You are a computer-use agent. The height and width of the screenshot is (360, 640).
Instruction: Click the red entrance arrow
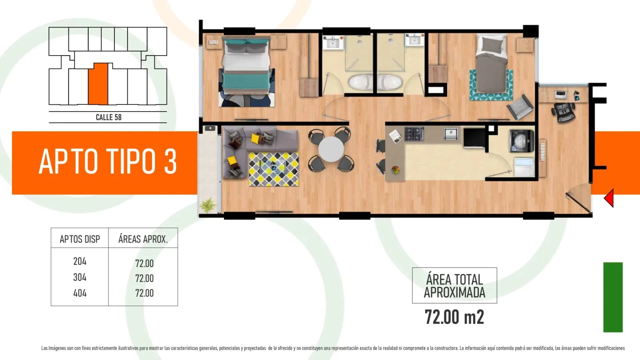pyautogui.click(x=610, y=198)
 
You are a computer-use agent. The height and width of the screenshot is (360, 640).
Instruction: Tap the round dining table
pyautogui.click(x=331, y=149)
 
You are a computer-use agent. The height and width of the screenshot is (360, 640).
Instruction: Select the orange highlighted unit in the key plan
pyautogui.click(x=98, y=84)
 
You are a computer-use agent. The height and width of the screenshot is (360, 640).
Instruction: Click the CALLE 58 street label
pyautogui.click(x=108, y=117)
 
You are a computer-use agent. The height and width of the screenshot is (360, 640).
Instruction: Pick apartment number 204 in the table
pyautogui.click(x=80, y=261)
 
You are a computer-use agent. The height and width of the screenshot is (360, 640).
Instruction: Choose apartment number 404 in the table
pyautogui.click(x=80, y=293)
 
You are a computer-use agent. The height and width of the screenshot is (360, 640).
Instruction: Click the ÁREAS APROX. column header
pyautogui.click(x=143, y=239)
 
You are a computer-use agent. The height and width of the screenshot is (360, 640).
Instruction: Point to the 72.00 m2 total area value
pyautogui.click(x=454, y=317)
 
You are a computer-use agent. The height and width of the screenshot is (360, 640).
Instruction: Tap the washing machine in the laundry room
pyautogui.click(x=522, y=141)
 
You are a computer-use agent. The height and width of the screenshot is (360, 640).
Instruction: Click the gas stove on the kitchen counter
pyautogui.click(x=414, y=134)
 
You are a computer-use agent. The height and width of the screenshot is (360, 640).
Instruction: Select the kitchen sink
pyautogui.click(x=450, y=134)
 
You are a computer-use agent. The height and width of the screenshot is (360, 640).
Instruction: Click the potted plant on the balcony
pyautogui.click(x=208, y=204)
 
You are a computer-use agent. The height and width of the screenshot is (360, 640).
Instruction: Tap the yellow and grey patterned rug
pyautogui.click(x=274, y=169)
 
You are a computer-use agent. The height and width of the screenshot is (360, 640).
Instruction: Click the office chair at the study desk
pyautogui.click(x=563, y=112)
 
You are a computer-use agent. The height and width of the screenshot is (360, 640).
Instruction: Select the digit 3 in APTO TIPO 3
pyautogui.click(x=170, y=162)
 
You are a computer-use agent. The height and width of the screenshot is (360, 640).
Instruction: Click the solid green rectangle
pyautogui.click(x=613, y=297)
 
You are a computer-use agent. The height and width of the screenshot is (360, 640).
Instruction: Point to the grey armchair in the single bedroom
pyautogui.click(x=520, y=107)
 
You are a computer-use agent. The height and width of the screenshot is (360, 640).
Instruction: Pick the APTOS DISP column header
pyautogui.click(x=80, y=239)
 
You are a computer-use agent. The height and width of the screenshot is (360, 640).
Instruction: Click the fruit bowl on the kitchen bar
pyautogui.click(x=396, y=170)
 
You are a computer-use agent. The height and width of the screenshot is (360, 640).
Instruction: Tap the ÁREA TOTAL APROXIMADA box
pyautogui.click(x=454, y=286)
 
